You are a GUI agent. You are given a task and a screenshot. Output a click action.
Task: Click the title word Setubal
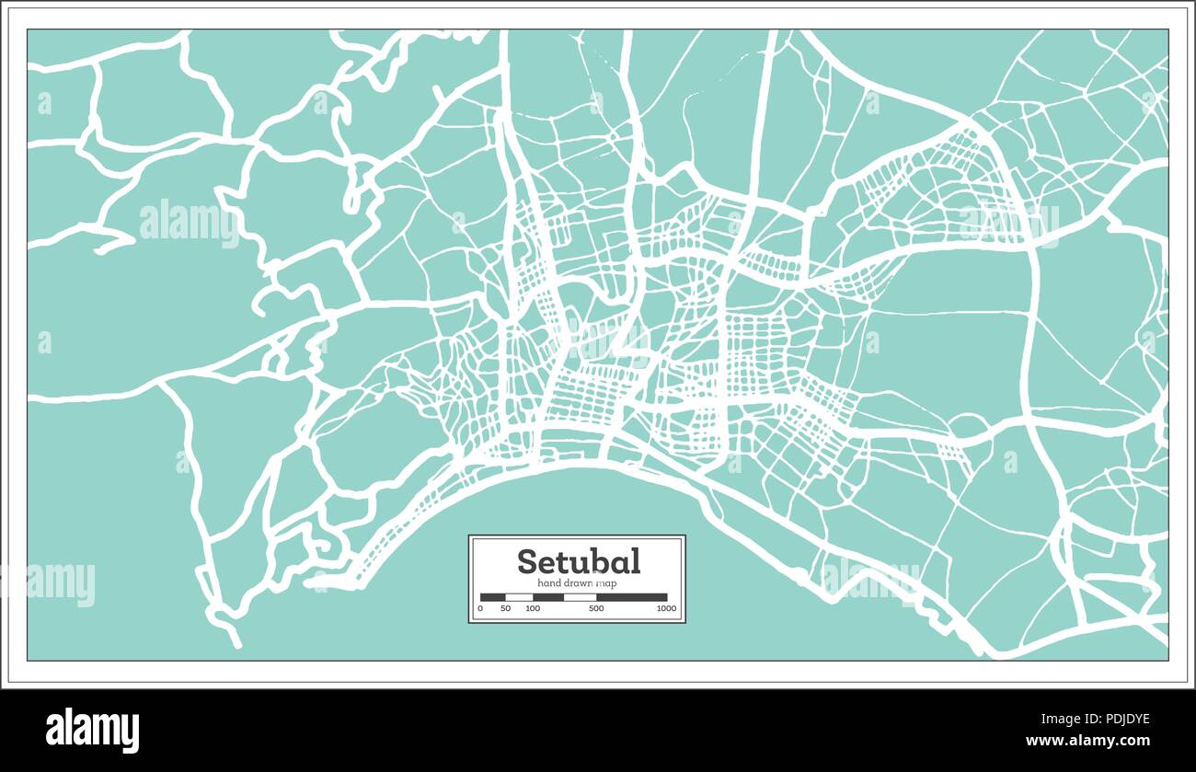578,561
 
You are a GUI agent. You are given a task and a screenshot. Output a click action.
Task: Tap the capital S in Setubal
527,561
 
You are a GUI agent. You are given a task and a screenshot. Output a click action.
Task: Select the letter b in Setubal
600,560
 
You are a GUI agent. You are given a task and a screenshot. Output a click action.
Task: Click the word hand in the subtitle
547,583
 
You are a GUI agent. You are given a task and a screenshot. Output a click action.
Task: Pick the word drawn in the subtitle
576,583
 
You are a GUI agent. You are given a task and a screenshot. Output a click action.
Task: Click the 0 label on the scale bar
481,609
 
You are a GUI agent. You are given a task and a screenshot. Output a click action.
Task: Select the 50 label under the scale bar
505,609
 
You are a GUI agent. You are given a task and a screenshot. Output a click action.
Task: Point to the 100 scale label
533,609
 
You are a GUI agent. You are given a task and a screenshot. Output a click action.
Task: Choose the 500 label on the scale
596,609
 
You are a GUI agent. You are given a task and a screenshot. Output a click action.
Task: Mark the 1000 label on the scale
666,609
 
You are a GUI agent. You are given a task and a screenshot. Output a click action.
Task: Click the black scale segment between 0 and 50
492,597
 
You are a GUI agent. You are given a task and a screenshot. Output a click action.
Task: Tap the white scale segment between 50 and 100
519,597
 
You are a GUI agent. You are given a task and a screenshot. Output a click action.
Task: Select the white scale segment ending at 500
580,597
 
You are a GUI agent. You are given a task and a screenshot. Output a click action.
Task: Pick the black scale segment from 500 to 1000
632,597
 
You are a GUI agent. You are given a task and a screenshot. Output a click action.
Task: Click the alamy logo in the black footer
93,731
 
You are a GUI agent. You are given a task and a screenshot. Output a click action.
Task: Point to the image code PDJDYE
1119,720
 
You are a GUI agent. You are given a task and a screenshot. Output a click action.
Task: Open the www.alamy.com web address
1087,741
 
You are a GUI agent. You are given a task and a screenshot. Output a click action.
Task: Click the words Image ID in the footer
1055,720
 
